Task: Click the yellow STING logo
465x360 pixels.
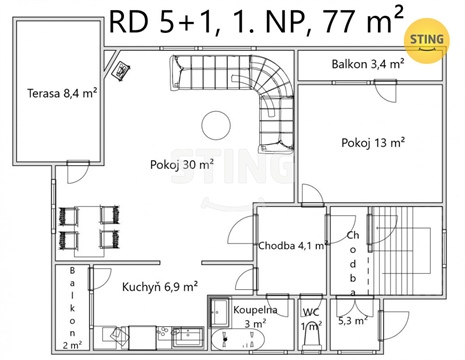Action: tap(427, 39)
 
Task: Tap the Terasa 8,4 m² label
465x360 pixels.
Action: tap(61, 96)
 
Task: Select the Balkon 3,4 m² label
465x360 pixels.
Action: tap(367, 64)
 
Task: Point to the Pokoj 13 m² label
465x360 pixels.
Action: tap(372, 143)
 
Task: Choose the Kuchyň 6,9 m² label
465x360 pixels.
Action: tap(160, 286)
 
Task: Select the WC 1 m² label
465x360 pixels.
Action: tap(312, 319)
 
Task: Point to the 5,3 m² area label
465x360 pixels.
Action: tap(352, 320)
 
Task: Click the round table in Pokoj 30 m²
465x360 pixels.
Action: tap(215, 125)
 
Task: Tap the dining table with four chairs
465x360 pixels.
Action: tap(90, 227)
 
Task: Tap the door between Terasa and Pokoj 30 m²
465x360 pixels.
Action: tap(72, 180)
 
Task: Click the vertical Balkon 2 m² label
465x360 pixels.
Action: tap(73, 306)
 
